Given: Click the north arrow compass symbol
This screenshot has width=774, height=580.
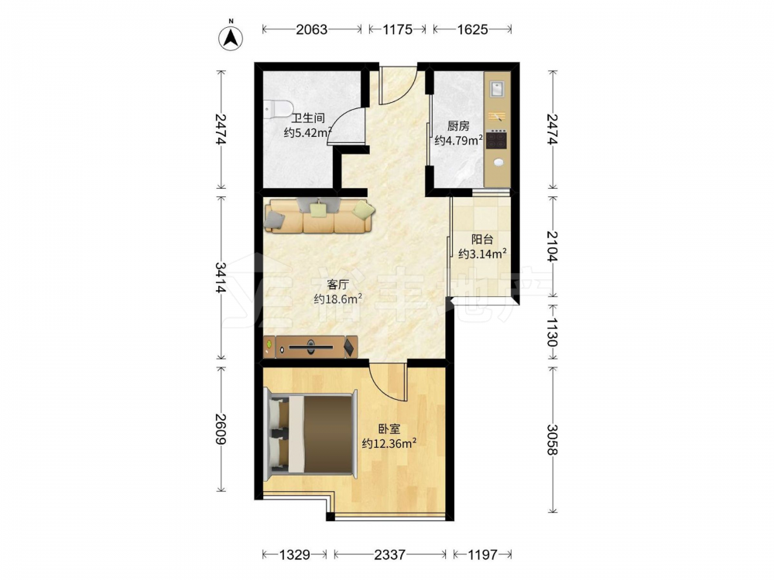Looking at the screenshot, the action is click(231, 37).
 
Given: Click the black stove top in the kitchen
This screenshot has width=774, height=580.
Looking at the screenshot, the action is click(497, 139).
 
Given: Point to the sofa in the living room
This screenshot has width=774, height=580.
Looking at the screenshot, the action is click(319, 216).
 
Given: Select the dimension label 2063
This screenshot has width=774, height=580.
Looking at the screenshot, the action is click(311, 29).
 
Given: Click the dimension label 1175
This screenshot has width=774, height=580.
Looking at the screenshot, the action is click(397, 29).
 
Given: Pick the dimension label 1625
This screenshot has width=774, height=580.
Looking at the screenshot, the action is click(472, 29).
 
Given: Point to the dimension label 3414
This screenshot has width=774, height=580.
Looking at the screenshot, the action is click(220, 278).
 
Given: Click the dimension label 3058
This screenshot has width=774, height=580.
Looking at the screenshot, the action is click(553, 440).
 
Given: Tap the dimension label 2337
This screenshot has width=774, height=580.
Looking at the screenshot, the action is click(390, 554).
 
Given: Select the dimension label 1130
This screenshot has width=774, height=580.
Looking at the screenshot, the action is click(553, 332).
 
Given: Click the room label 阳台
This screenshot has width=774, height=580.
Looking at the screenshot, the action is click(482, 240).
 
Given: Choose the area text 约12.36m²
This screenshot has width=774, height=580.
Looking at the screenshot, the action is click(389, 443).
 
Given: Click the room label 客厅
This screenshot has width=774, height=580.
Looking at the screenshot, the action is click(339, 285).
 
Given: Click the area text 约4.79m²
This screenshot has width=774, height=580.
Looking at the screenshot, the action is click(458, 141).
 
